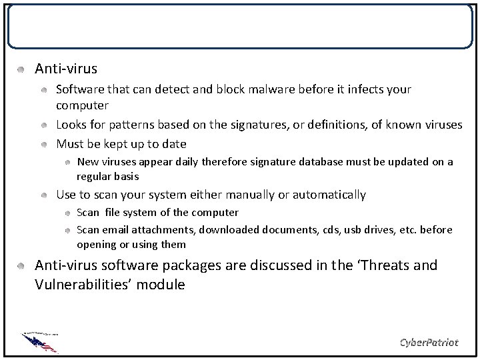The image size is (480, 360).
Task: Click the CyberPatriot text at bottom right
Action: pos(429,342)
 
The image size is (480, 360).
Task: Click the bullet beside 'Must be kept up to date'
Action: pos(43,143)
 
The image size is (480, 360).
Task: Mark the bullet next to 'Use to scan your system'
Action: pos(43,195)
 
